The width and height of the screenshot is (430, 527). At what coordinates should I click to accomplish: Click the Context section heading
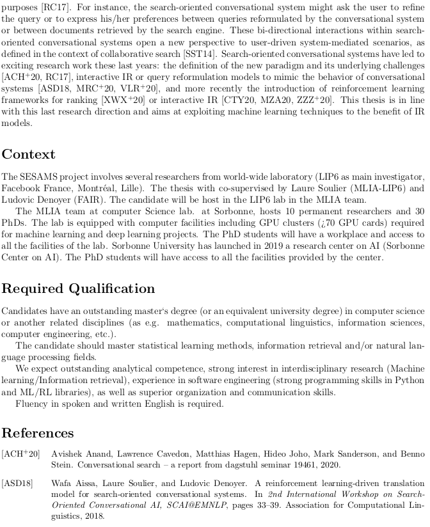[28, 154]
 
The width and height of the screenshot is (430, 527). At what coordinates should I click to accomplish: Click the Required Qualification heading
[78, 288]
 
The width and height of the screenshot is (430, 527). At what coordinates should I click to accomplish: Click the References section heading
[38, 432]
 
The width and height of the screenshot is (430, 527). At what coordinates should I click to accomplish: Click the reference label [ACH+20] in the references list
[20, 454]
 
